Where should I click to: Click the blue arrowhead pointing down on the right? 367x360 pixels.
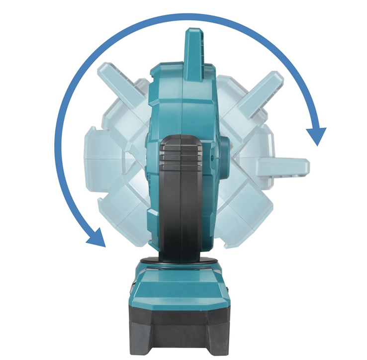tap(316, 135)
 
